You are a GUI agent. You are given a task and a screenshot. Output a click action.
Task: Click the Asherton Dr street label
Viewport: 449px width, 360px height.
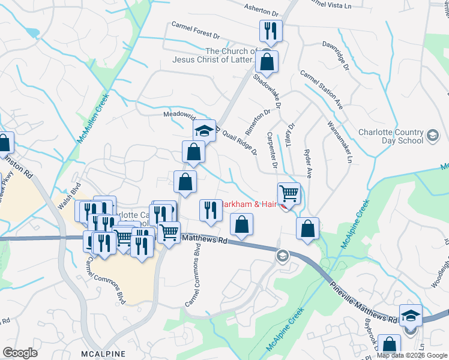tap(262, 9)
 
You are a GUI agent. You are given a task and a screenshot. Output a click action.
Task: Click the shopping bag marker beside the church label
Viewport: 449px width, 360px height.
tap(267, 61)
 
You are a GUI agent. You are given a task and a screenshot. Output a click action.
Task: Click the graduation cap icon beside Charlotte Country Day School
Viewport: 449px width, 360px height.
tap(432, 136)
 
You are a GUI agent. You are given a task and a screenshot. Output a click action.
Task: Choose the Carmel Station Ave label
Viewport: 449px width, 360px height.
tap(321, 90)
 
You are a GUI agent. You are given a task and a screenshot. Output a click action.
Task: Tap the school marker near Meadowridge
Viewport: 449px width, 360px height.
tap(204, 130)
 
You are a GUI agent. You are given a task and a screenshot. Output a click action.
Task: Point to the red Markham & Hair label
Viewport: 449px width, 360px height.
tap(249, 204)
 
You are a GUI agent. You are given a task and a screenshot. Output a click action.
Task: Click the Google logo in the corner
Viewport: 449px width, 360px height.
tap(20, 352)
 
